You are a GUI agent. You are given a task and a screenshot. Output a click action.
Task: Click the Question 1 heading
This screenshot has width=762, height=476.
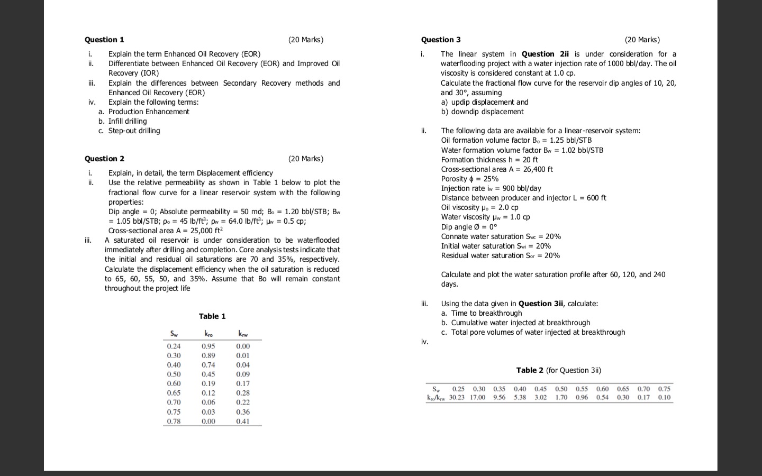(104, 40)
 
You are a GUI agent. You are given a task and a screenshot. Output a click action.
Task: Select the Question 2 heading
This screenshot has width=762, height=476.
(104, 159)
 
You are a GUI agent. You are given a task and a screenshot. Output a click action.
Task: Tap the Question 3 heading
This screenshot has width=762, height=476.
(441, 40)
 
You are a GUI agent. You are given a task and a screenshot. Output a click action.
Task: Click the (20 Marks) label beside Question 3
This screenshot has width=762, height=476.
(642, 40)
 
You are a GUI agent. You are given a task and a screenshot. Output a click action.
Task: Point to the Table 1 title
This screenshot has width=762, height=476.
(212, 316)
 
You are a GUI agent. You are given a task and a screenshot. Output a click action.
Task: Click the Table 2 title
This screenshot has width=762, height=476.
(558, 370)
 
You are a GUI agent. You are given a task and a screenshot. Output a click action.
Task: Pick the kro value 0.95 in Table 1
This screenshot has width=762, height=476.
(208, 346)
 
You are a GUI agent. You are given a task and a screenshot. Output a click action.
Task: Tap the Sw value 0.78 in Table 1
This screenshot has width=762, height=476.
(174, 422)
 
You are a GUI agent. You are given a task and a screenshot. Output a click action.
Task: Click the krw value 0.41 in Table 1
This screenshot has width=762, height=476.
(243, 422)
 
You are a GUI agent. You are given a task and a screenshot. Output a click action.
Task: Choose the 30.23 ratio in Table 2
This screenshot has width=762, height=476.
(457, 397)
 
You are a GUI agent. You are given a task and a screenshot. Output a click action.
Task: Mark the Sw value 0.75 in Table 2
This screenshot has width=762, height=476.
(664, 389)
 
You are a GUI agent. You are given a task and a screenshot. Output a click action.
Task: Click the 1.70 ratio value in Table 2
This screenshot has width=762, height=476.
(561, 397)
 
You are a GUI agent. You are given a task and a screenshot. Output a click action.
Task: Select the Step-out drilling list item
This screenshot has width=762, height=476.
(134, 131)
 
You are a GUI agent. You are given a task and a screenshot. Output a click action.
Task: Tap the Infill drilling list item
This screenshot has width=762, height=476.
(128, 121)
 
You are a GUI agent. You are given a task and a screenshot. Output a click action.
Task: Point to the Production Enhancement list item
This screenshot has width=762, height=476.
(148, 112)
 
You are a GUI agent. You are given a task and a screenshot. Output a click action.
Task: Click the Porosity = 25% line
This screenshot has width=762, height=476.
(469, 179)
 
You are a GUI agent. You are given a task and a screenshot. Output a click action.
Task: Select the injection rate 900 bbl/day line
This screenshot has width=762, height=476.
(491, 188)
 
